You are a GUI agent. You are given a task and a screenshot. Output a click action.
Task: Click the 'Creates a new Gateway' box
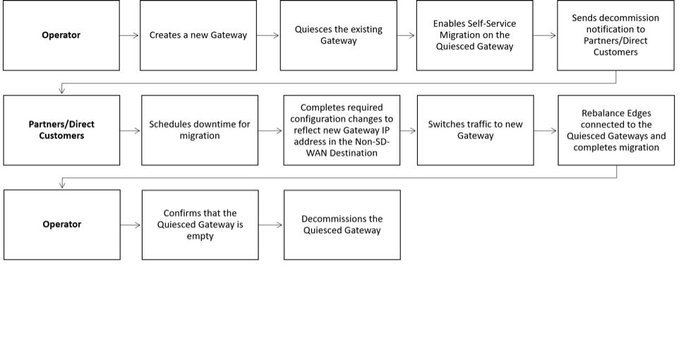click(x=198, y=35)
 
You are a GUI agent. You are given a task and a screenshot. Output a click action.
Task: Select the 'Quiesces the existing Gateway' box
click(x=339, y=35)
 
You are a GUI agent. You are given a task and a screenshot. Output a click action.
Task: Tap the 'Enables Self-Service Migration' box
click(x=475, y=35)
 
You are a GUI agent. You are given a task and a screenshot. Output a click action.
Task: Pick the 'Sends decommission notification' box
click(x=615, y=35)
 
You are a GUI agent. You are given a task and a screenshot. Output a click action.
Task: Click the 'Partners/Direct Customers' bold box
click(x=61, y=131)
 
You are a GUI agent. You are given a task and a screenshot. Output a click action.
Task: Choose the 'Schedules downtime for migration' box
click(x=200, y=131)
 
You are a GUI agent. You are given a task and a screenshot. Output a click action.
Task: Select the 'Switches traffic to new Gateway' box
click(x=476, y=131)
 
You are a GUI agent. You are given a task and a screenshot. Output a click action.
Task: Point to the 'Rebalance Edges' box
click(x=616, y=131)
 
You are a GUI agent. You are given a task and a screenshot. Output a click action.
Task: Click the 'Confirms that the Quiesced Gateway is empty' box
click(x=200, y=225)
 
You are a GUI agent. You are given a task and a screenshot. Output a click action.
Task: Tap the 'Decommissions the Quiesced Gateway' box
click(x=342, y=225)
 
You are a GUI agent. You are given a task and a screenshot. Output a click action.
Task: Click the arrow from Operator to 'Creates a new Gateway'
click(x=129, y=35)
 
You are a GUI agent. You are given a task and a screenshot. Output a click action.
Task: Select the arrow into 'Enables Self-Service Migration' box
click(x=407, y=35)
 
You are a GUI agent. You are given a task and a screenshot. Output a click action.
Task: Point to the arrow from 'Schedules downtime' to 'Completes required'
click(x=270, y=131)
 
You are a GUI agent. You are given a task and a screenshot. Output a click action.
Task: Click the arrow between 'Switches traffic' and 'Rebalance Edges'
click(x=546, y=131)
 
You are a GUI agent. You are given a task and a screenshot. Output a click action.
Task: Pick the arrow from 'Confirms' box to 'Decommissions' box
click(x=271, y=225)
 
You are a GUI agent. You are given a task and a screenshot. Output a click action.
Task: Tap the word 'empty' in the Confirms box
click(x=200, y=236)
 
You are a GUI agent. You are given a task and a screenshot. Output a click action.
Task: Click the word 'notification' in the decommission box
click(x=615, y=30)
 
